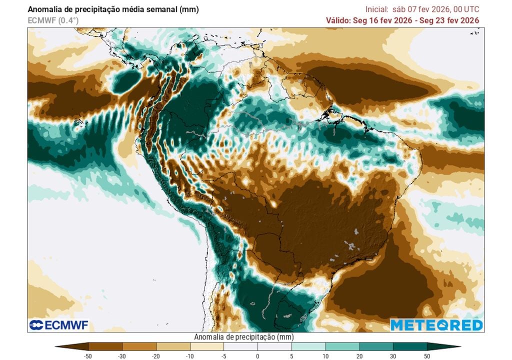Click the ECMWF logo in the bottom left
58,325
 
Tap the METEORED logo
436,325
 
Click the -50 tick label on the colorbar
88,355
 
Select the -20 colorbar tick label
156,355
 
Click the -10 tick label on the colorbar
190,355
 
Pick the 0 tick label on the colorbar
257,355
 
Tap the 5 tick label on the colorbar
291,355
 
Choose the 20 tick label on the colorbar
359,355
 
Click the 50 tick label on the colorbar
426,355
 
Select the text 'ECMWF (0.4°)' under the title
53,20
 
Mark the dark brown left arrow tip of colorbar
62,346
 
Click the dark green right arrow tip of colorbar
452,346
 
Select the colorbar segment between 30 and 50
409,346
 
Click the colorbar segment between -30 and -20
139,346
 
